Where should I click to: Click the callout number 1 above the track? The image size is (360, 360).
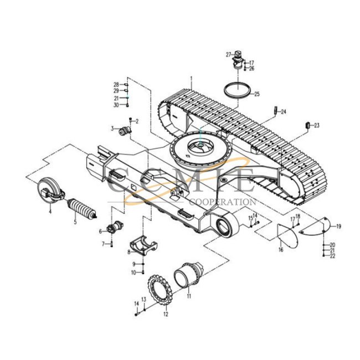point(191,78)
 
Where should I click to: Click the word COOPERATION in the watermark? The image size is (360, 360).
point(223,203)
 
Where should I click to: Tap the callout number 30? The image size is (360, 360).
point(117,105)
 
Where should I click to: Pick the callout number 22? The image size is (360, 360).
point(332,256)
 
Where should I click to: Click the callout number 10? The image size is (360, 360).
point(133,272)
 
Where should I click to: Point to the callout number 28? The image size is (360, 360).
point(117,84)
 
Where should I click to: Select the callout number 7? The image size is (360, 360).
point(103,243)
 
